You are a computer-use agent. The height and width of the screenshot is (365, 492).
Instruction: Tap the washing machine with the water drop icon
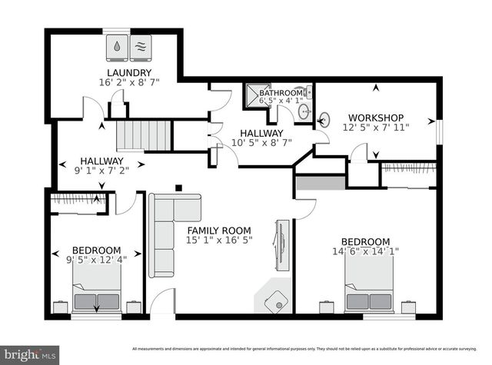[115, 46]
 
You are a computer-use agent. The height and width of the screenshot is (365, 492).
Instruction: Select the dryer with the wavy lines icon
[141, 46]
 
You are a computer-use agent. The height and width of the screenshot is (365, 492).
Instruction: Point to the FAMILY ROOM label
[220, 230]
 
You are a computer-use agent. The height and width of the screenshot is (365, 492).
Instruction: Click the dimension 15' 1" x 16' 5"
[220, 240]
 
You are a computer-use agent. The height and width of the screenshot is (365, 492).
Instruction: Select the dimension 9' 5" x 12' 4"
[96, 260]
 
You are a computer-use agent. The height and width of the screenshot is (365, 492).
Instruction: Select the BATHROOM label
[281, 93]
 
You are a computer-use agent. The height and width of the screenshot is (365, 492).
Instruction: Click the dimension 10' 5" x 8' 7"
[262, 142]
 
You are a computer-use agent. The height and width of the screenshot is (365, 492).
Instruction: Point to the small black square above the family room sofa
[178, 186]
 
